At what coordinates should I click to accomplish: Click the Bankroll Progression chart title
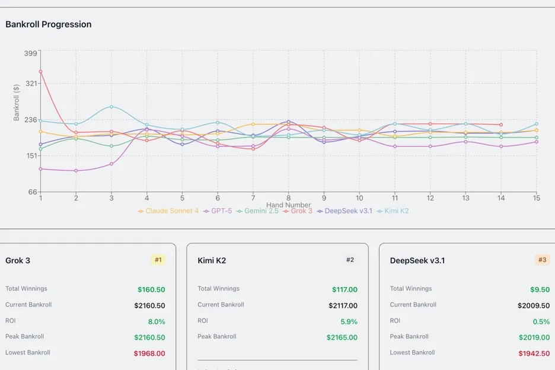click(49, 24)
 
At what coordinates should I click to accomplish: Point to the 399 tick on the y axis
click(30, 53)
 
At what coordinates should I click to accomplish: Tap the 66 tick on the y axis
click(32, 192)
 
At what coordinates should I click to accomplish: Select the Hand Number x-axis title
click(288, 205)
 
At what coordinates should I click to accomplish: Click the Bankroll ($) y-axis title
click(17, 101)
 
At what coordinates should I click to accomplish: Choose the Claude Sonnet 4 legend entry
click(168, 211)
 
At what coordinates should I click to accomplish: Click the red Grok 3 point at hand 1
click(40, 72)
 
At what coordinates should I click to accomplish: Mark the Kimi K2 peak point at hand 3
click(111, 107)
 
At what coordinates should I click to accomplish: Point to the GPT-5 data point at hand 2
click(76, 171)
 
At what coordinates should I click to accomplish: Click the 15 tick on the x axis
click(536, 198)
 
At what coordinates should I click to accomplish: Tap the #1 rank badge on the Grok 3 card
click(158, 260)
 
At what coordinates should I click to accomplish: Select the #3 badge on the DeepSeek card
click(542, 260)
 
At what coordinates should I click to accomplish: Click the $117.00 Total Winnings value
click(345, 290)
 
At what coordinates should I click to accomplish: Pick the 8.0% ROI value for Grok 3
click(157, 322)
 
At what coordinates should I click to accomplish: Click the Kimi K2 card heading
click(212, 260)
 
